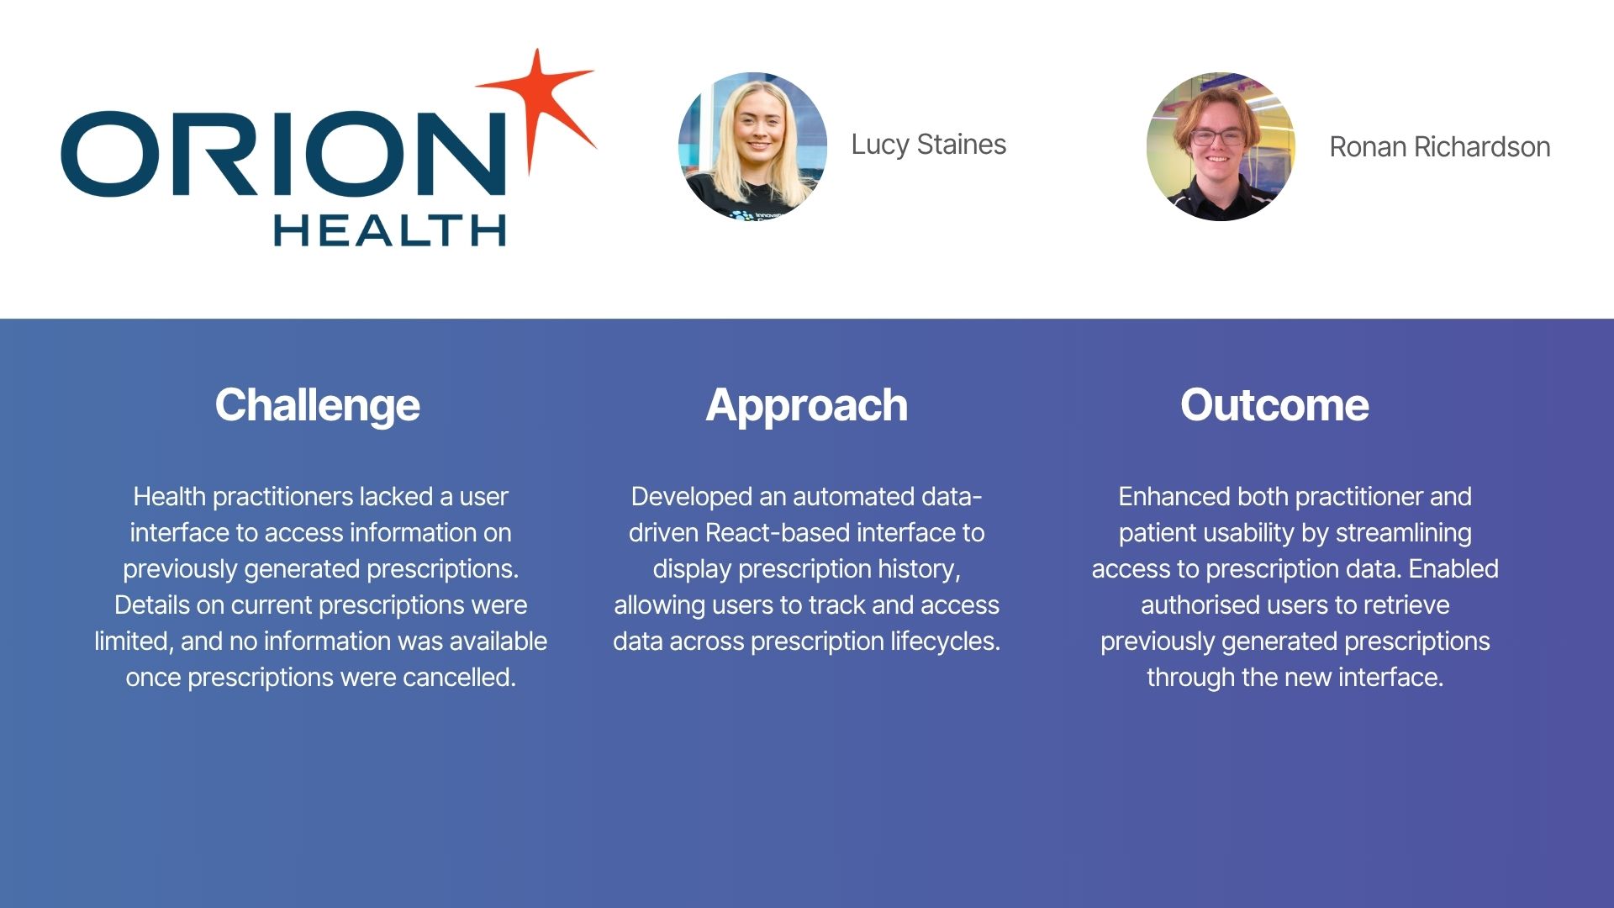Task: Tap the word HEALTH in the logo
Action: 390,230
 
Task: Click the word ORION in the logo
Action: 284,154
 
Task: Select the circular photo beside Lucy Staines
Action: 752,146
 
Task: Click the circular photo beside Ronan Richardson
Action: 1221,146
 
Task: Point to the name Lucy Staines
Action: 928,145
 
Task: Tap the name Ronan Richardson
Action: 1439,147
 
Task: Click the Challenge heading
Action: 318,406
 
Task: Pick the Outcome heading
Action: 1274,405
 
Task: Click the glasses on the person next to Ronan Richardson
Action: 1217,136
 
